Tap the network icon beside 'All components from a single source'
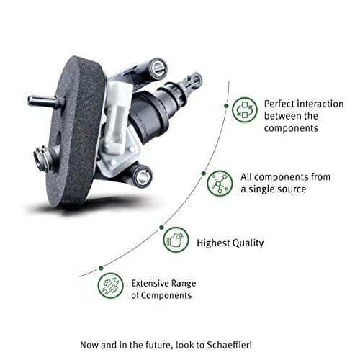point(217,184)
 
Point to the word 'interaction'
point(317,104)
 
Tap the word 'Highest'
point(214,243)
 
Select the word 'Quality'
point(248,243)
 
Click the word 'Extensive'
point(152,282)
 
